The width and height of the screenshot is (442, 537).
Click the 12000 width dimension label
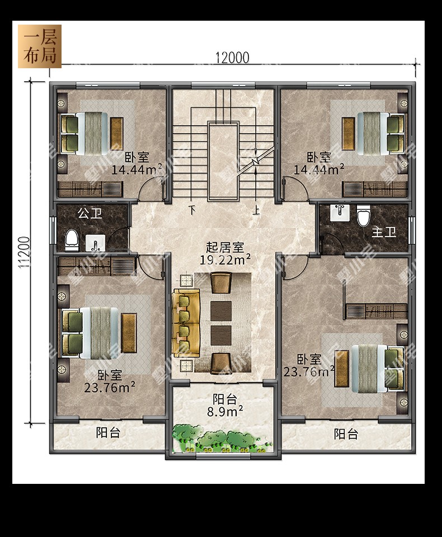point(232,58)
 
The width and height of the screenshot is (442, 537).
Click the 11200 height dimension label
point(24,252)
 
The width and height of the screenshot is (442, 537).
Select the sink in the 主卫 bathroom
point(340,213)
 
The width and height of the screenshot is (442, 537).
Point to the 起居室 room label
point(224,247)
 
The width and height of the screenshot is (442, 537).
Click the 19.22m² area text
point(225,260)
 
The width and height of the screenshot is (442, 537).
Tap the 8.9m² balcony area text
point(225,411)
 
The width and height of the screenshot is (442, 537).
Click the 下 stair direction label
point(192,209)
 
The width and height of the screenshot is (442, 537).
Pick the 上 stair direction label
point(256,209)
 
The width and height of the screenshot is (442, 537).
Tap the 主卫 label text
point(384,232)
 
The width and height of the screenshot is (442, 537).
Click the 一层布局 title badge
point(40,46)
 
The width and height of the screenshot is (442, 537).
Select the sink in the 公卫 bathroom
point(95,243)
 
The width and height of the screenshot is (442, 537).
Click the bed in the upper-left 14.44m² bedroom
point(92,134)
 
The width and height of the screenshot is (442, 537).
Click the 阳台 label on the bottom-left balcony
point(108,432)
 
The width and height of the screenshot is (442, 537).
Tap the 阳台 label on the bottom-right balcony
point(346,434)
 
